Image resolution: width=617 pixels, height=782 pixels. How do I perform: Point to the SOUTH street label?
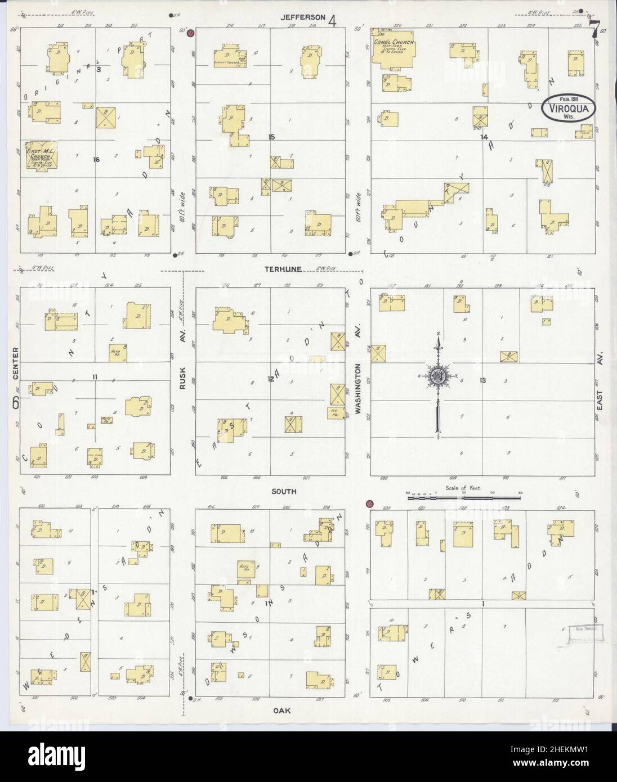[284, 491]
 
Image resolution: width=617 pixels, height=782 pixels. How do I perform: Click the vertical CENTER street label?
[16, 363]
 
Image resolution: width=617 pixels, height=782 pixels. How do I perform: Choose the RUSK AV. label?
[183, 375]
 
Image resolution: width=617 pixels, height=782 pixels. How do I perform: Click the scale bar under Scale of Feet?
[464, 497]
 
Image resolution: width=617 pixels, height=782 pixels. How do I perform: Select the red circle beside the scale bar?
[370, 504]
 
